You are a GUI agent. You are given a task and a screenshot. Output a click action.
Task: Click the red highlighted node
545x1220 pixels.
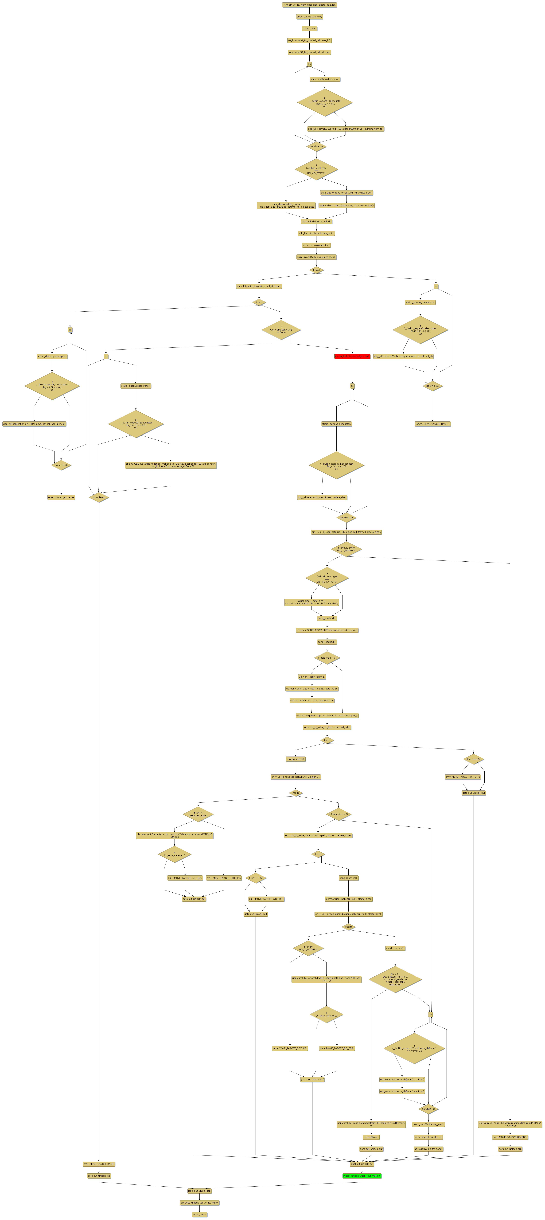(352, 356)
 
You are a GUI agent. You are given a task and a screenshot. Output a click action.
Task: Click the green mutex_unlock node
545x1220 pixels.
(361, 1176)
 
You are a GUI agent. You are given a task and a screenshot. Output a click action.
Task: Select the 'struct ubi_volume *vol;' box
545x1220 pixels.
(309, 17)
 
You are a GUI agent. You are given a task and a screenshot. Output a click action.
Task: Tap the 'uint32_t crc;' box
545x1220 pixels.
(309, 28)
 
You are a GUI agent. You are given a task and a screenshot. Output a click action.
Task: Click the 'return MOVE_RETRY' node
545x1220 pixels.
(61, 497)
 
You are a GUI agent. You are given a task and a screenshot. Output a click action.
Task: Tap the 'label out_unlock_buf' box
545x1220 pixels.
(361, 1164)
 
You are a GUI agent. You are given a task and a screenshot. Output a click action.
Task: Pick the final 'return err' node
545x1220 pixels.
(199, 1214)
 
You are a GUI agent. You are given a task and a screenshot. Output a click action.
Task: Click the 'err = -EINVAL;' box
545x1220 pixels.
(371, 1137)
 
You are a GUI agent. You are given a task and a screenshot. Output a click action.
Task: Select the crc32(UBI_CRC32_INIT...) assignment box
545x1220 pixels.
(326, 630)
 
